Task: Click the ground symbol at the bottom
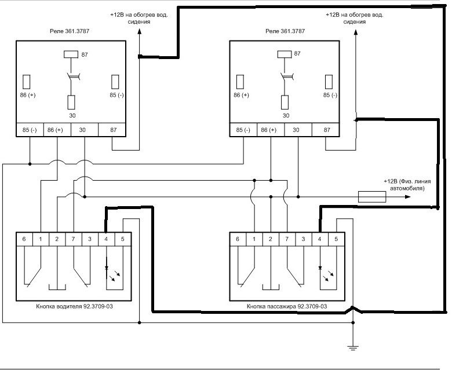point(353,347)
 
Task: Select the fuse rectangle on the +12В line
point(372,197)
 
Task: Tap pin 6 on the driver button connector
point(24,239)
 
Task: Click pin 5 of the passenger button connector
point(336,239)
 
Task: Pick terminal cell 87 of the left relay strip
point(113,130)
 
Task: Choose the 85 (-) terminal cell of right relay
point(243,130)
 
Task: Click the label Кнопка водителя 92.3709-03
point(74,306)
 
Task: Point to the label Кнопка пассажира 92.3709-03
point(287,306)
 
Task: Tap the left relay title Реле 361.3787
point(70,31)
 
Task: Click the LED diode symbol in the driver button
point(107,268)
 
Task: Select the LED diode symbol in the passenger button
point(320,268)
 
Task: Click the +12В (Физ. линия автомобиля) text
point(407,185)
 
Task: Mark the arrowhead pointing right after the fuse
point(407,197)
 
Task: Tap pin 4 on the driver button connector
point(106,239)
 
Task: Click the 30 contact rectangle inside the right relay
point(285,102)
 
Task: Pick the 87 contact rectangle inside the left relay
point(71,54)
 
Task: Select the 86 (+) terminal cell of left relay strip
point(57,130)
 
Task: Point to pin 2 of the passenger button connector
point(271,239)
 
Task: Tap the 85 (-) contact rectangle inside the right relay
point(329,82)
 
